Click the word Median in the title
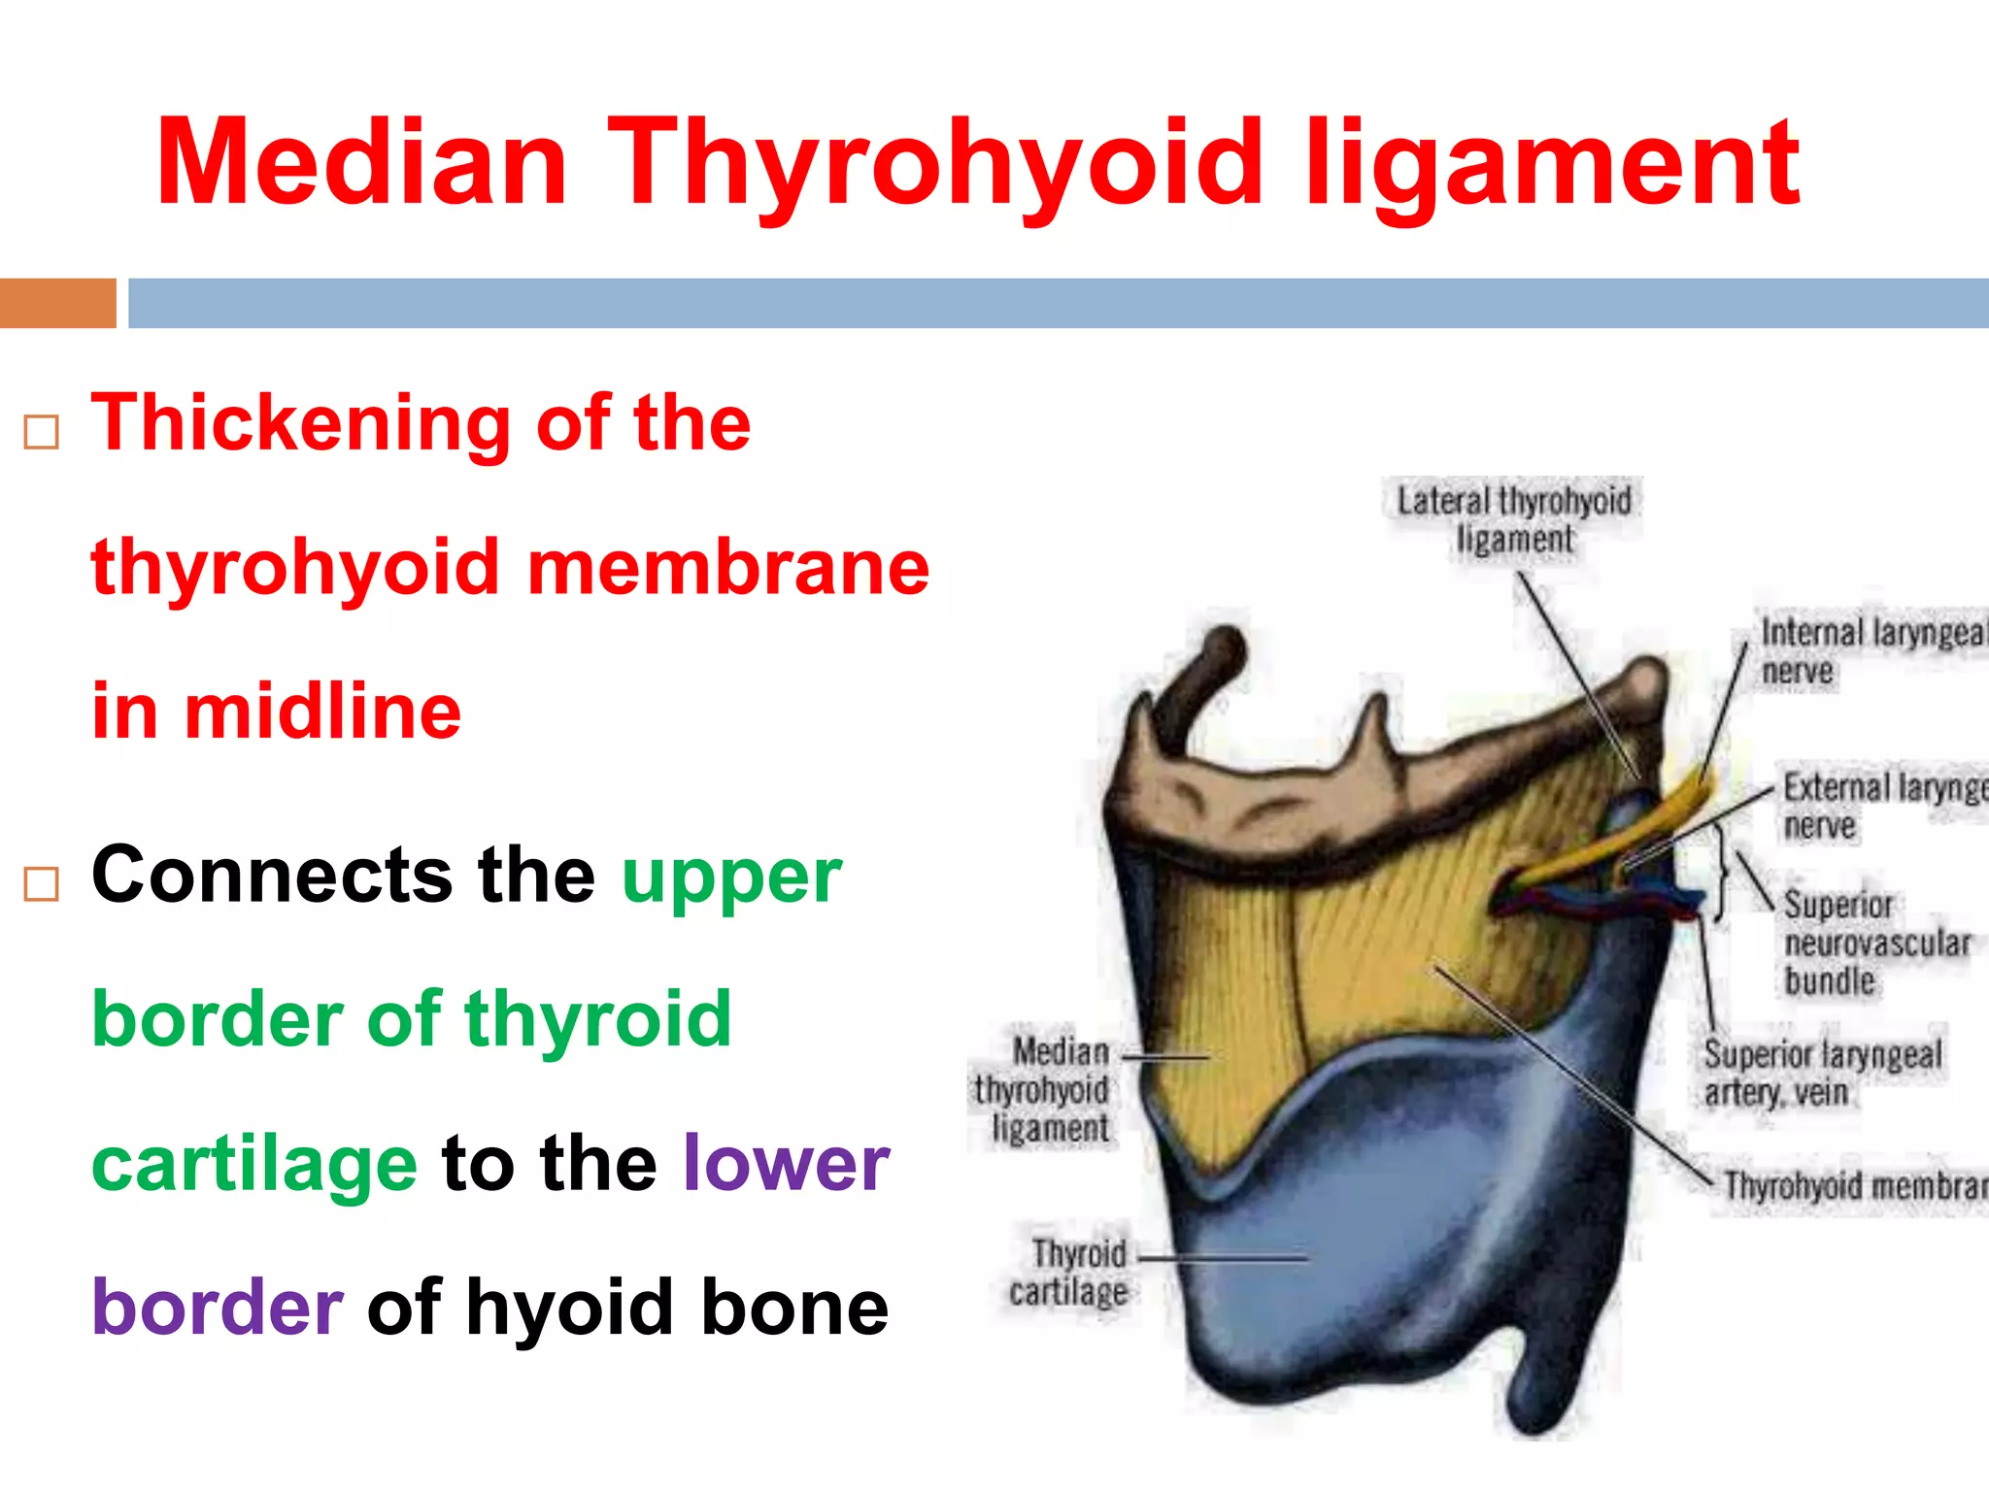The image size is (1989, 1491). (x=361, y=163)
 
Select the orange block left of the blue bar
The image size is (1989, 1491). (x=57, y=303)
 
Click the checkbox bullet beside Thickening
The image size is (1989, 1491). (x=42, y=431)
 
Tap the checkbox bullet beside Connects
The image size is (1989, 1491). (x=42, y=884)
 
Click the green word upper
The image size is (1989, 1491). (x=730, y=876)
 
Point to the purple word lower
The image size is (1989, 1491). (x=785, y=1163)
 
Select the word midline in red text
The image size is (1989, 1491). (x=322, y=712)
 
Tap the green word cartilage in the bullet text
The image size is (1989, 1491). (x=254, y=1163)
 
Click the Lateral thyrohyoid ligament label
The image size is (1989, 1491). (x=1513, y=520)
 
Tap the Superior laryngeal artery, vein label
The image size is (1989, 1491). (x=1822, y=1074)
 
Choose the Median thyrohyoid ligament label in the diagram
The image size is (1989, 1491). (x=1044, y=1090)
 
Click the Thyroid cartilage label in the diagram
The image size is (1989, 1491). (x=1069, y=1273)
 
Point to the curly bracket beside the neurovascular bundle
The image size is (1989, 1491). (x=1721, y=872)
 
